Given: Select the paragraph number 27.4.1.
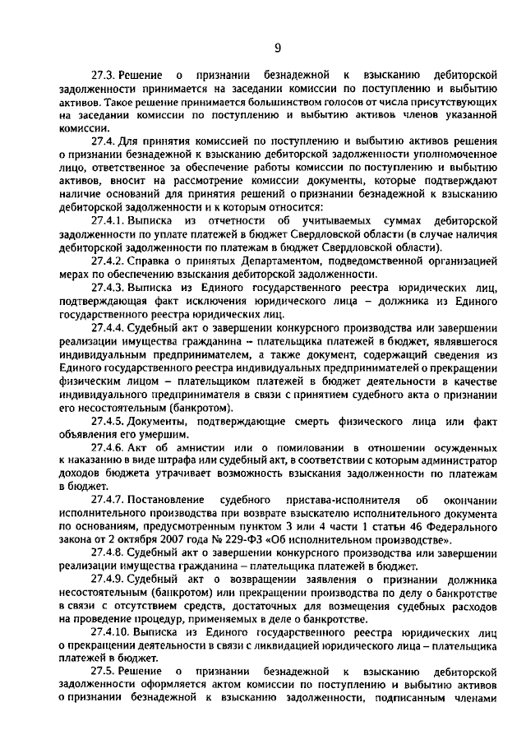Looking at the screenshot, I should (x=110, y=221).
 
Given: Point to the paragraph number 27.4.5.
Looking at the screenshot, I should (x=110, y=420).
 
